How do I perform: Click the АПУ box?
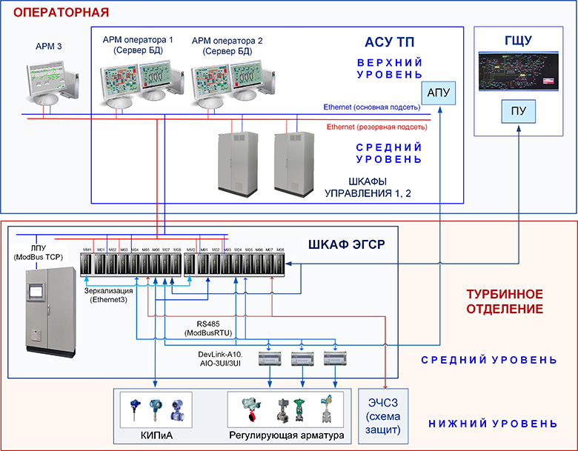point(439,95)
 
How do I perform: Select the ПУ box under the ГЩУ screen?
point(516,111)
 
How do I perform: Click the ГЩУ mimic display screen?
point(516,73)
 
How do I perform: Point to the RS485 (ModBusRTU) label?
point(213,328)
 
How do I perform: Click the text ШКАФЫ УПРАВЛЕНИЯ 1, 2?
point(368,187)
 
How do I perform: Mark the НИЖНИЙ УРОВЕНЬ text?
point(492,424)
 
